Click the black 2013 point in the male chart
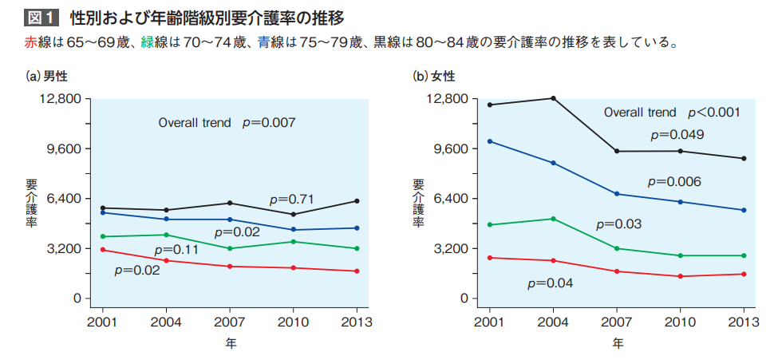[x=356, y=200]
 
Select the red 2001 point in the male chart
[x=102, y=250]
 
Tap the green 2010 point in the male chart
[x=293, y=242]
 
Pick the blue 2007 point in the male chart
[x=230, y=220]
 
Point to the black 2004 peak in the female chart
[x=553, y=98]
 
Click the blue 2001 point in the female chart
[x=489, y=141]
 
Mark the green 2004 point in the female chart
[x=553, y=219]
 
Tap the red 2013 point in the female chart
[x=744, y=274]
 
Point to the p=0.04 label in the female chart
[x=550, y=283]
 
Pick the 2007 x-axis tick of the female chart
[x=617, y=322]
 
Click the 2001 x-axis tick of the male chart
[x=102, y=322]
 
